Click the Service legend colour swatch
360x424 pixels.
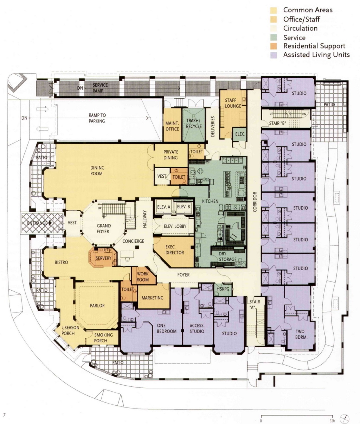click(x=274, y=38)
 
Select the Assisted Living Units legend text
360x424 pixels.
click(x=316, y=55)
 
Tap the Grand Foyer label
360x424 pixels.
click(x=103, y=228)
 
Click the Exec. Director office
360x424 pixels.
click(x=174, y=252)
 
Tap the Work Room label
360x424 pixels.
click(x=142, y=277)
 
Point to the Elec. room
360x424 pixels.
click(x=240, y=134)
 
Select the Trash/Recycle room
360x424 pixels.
click(x=193, y=125)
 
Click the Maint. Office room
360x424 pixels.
click(x=172, y=125)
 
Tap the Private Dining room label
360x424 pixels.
click(x=171, y=155)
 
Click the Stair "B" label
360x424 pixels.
click(x=277, y=123)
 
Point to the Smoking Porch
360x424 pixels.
click(x=103, y=338)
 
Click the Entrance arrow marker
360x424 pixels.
click(x=50, y=223)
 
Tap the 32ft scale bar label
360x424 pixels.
click(x=332, y=421)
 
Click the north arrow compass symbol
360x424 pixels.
click(x=344, y=418)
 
